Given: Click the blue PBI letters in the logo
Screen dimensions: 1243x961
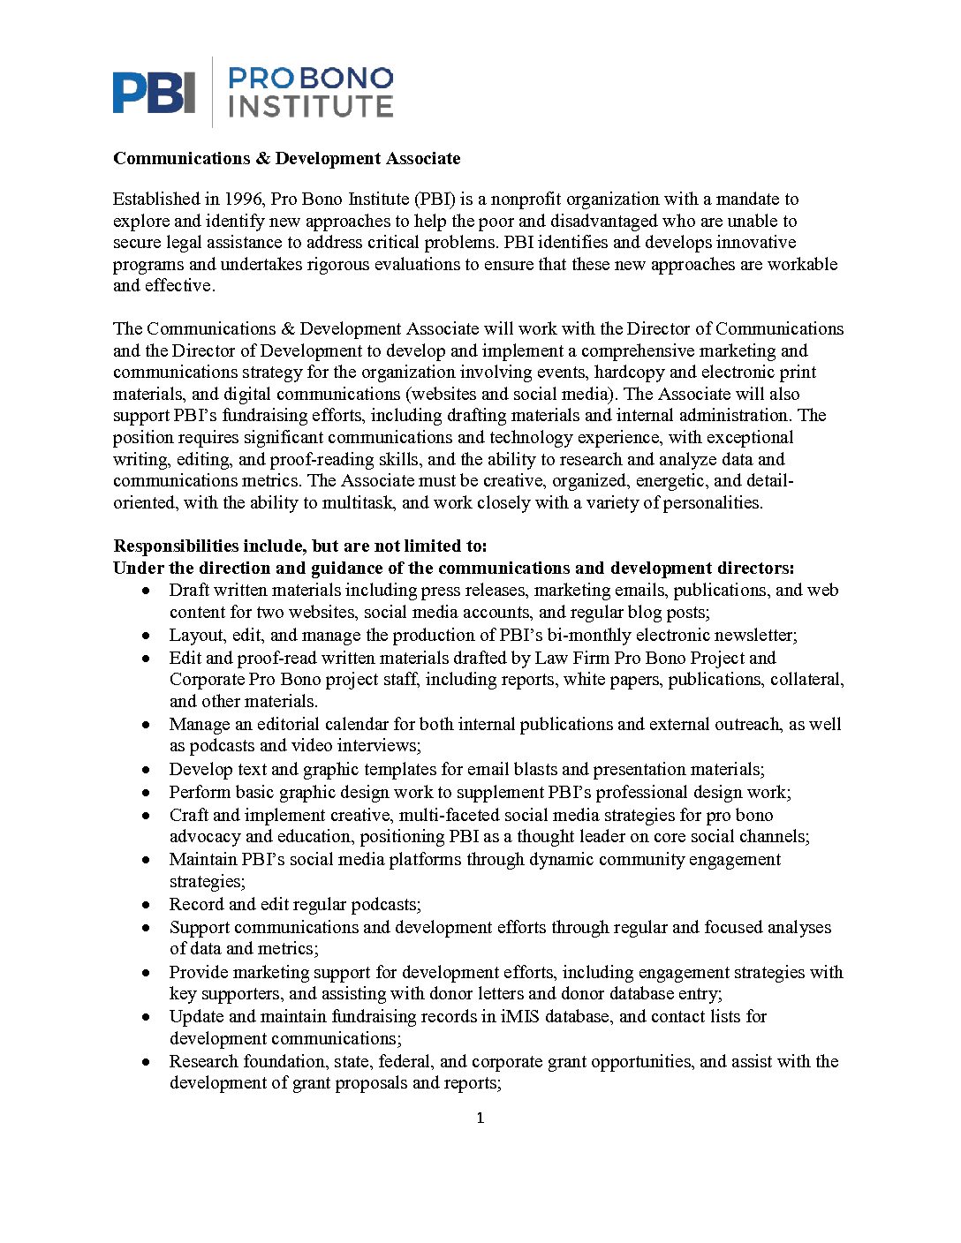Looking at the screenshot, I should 154,92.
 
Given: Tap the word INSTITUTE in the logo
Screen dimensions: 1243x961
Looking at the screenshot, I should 311,107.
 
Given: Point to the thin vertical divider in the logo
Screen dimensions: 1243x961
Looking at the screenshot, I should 212,92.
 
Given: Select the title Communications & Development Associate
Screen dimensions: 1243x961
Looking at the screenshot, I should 286,159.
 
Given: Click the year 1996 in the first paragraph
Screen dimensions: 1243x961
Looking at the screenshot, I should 243,200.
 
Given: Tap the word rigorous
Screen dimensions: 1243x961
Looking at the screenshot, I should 339,264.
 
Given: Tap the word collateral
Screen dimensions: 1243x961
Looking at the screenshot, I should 806,680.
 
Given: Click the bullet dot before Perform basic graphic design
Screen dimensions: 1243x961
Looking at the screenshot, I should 147,793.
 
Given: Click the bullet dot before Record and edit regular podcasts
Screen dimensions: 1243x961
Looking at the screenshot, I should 147,905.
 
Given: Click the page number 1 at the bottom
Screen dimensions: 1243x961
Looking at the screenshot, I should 480,1119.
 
